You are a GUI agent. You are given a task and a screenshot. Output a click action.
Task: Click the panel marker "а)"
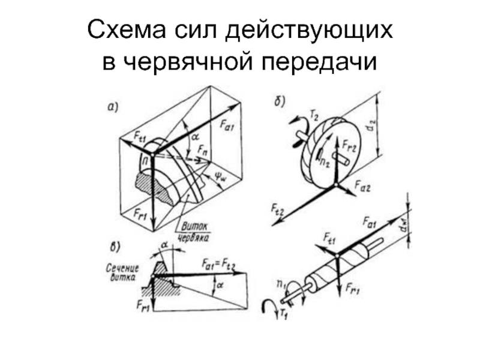(x=113, y=108)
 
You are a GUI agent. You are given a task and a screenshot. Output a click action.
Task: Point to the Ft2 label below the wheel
(x=276, y=210)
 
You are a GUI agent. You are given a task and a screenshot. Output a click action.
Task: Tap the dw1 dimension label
(x=406, y=227)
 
